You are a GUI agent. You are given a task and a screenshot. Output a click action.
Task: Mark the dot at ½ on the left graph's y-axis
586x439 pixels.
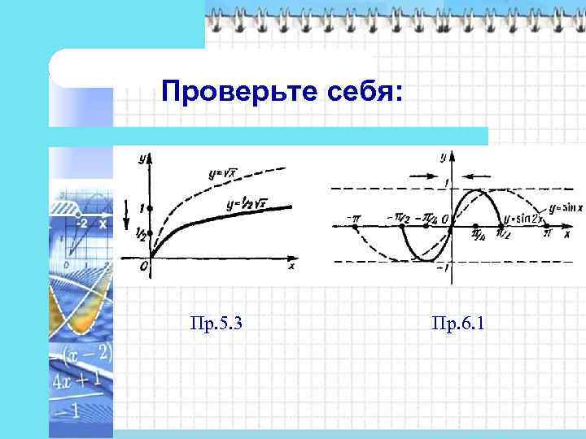click(150, 233)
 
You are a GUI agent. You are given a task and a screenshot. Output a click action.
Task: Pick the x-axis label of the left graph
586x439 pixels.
click(291, 266)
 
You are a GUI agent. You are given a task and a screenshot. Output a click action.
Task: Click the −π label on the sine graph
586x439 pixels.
click(353, 217)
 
